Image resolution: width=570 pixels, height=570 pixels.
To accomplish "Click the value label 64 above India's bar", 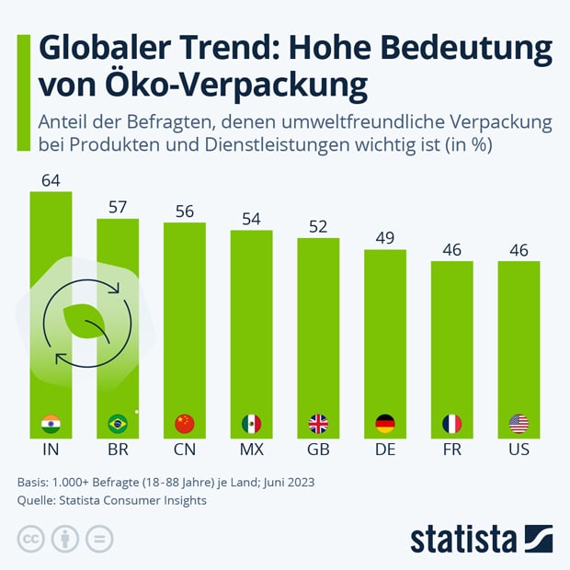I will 51,180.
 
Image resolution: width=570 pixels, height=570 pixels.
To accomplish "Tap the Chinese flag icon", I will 185,424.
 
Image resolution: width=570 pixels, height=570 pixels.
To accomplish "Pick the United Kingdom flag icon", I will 318,424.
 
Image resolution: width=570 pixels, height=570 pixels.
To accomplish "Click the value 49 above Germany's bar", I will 385,239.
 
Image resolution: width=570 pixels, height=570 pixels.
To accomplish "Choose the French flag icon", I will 451,424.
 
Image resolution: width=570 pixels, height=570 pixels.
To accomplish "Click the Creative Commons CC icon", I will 31,539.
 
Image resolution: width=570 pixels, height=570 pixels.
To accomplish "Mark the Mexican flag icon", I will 251,424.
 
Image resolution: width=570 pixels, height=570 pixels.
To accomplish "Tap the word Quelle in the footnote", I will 38,501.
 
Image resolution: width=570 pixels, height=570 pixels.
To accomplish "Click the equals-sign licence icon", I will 100,539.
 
